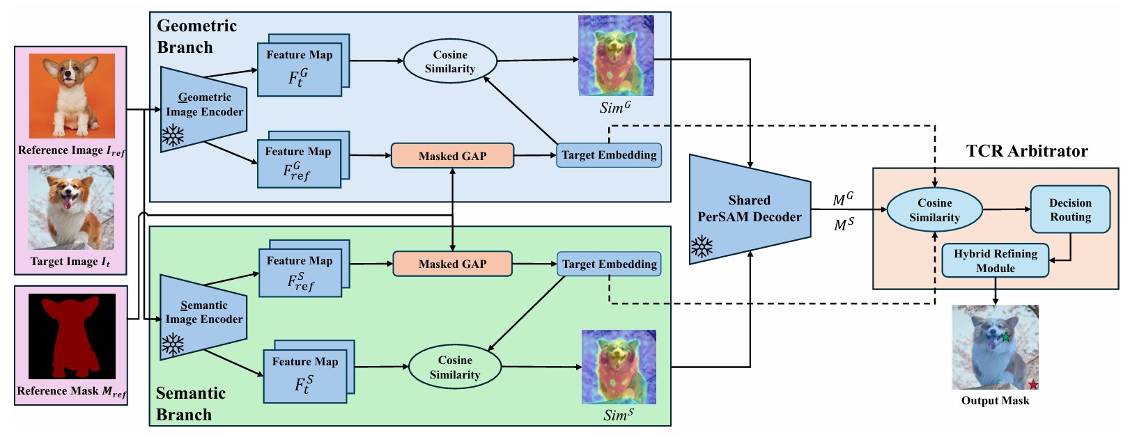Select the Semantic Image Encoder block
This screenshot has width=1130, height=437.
coord(203,317)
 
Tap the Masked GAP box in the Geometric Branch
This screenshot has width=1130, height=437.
coord(453,156)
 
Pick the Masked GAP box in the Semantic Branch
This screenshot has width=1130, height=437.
coord(453,264)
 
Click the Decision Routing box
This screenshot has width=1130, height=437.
coord(1070,209)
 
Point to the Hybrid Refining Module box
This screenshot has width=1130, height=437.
coord(995,260)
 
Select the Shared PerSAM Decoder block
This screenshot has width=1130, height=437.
coord(750,209)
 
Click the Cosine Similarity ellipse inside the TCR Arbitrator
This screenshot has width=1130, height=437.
coord(934,209)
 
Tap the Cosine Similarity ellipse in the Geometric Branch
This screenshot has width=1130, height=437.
coord(450,61)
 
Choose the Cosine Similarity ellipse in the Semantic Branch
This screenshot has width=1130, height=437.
coord(454,367)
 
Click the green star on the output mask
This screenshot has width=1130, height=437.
coord(1006,337)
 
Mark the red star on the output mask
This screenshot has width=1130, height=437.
coord(1034,385)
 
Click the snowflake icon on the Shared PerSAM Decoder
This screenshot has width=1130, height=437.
coord(702,247)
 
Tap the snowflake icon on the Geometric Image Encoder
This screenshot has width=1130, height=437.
coord(173,136)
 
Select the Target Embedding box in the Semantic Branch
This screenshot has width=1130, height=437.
coord(609,264)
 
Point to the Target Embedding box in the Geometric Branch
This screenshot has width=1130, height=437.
coord(609,155)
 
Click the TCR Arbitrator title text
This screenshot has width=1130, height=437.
coord(1027,151)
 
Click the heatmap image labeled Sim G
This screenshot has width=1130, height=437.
coord(616,56)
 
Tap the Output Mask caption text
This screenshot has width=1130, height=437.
coord(995,401)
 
